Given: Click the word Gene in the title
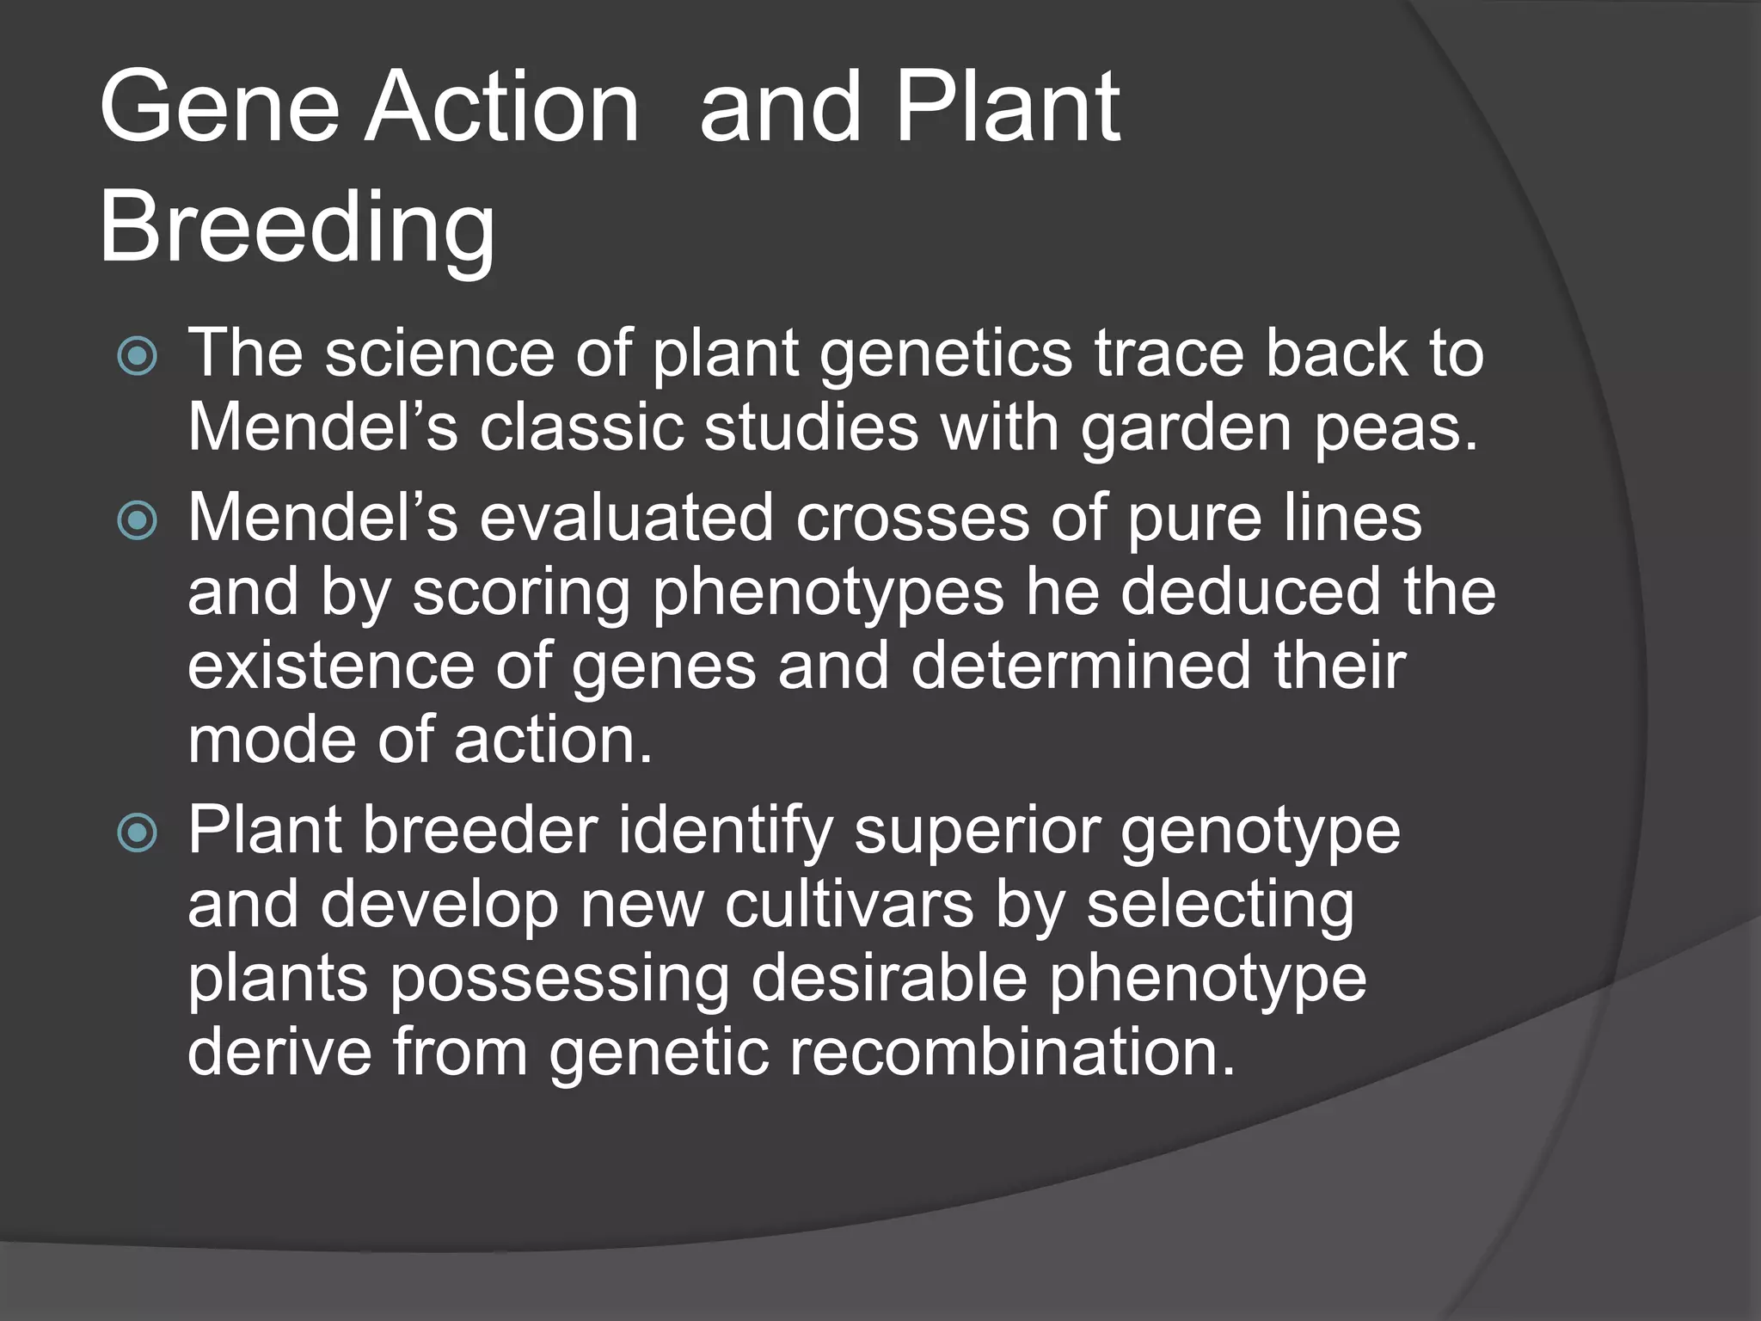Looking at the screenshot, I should [220, 108].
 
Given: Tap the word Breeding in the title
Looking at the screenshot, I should [297, 228].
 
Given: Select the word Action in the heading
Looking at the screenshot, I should [502, 108].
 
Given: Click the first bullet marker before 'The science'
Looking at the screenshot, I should [138, 356].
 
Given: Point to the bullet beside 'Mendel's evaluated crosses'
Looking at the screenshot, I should [138, 520].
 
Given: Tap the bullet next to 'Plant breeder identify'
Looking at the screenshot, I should [138, 833].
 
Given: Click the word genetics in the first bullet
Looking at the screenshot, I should [945, 354].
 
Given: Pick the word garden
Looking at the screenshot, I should [1186, 428].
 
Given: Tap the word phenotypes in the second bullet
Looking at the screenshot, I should [827, 593].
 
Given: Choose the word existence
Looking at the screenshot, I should [330, 667].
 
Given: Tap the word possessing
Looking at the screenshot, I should [559, 980].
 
